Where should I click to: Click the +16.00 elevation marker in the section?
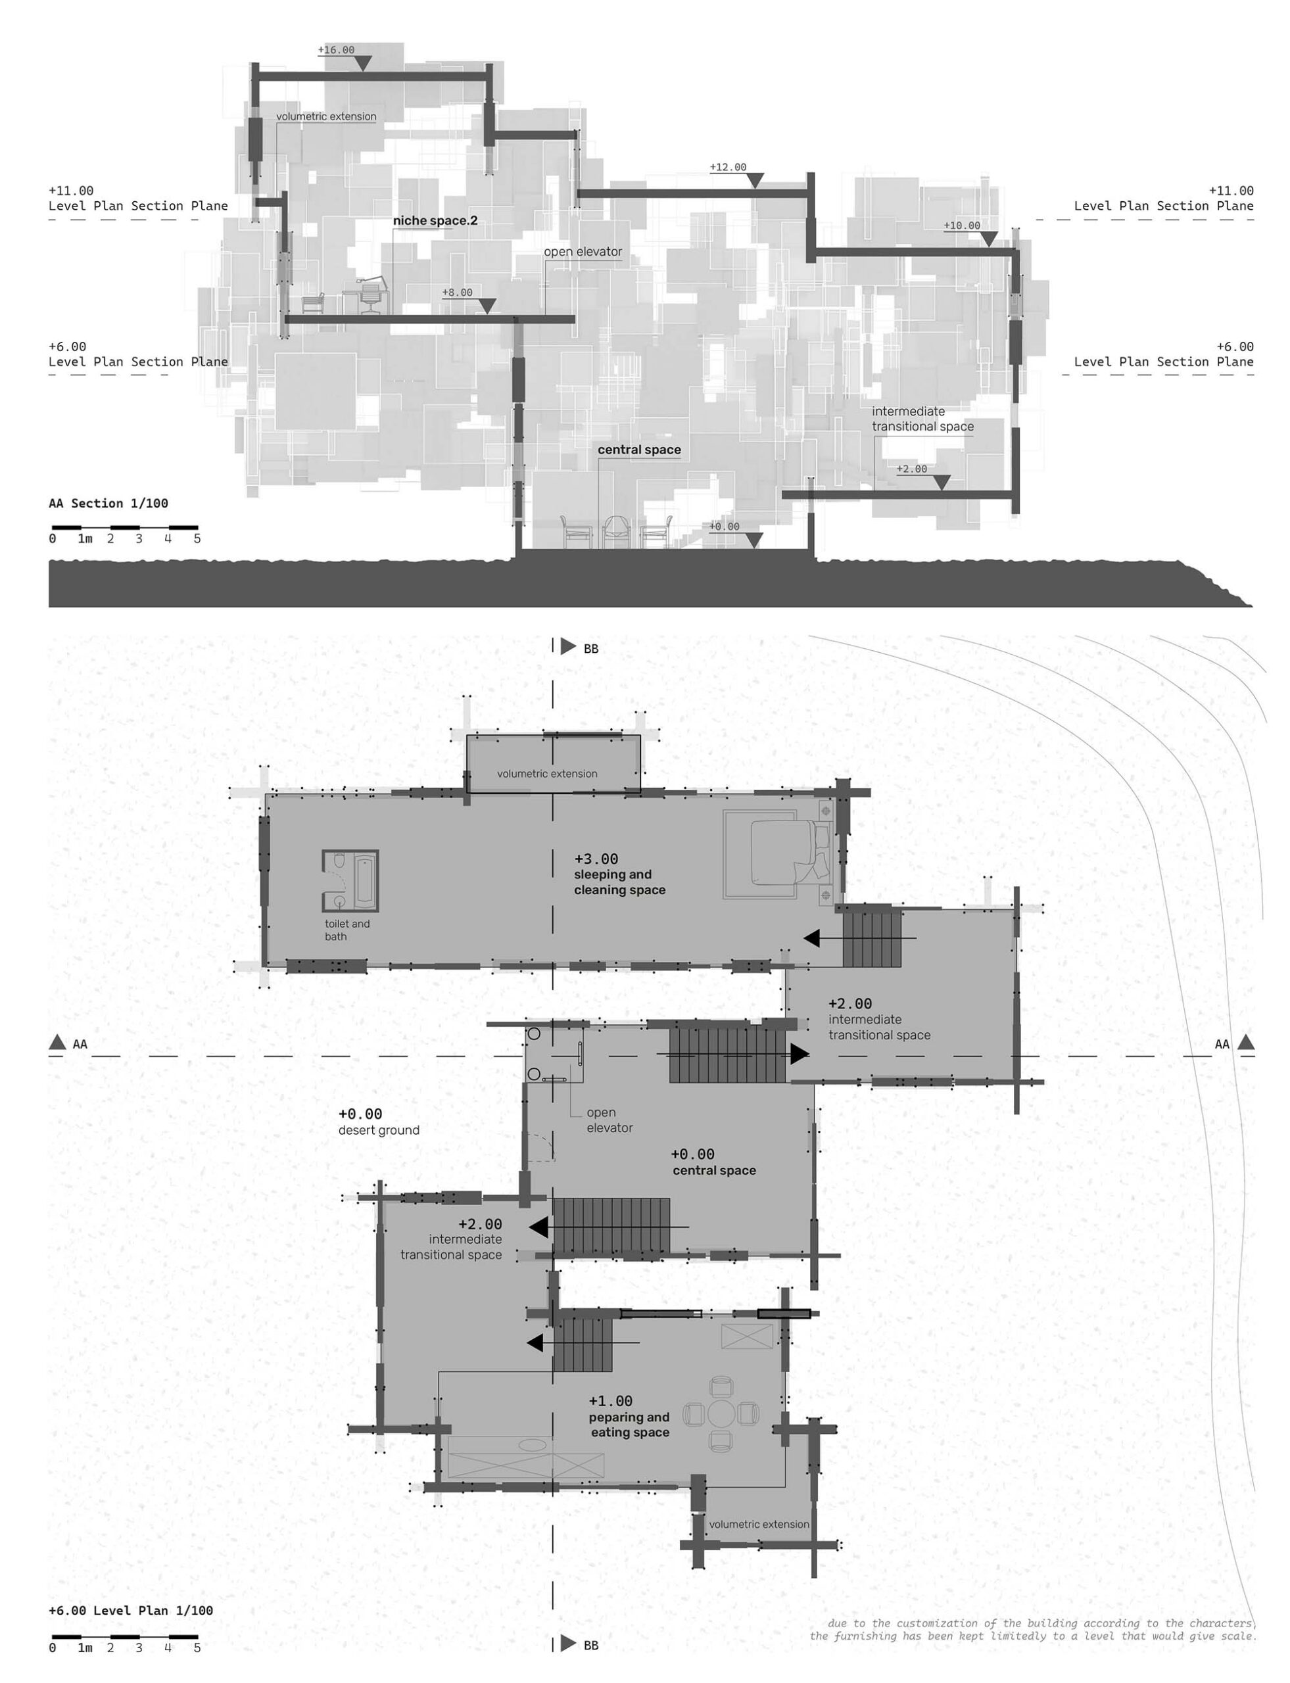point(337,51)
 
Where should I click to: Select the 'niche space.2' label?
point(435,221)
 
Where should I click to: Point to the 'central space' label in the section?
point(640,450)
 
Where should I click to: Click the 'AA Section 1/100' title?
point(108,504)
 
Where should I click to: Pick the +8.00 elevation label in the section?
point(458,293)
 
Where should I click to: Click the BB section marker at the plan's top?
point(568,646)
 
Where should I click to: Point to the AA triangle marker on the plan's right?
point(1246,1042)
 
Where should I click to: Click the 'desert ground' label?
point(379,1130)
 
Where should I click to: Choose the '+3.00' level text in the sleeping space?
point(596,859)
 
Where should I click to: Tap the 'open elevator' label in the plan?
point(609,1120)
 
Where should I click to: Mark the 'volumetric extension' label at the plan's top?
point(547,774)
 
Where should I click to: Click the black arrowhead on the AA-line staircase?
point(800,1053)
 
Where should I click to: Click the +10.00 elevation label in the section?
point(962,225)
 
